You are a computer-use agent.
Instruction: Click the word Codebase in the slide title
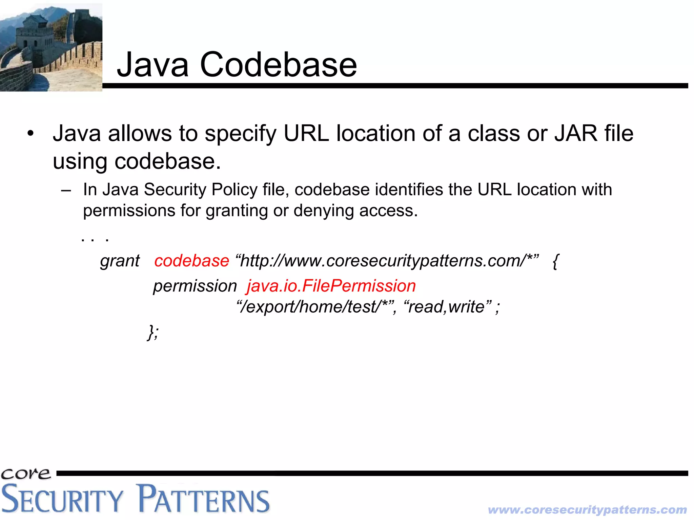coord(278,65)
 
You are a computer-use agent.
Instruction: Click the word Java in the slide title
coord(152,65)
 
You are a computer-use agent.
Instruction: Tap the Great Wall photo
coord(51,47)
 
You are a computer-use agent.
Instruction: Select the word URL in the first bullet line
coord(306,133)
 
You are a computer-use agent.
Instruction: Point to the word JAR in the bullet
coord(576,133)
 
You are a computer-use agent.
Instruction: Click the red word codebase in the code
coord(191,261)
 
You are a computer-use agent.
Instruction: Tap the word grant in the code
coord(120,261)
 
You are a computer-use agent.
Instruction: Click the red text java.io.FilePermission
coord(331,286)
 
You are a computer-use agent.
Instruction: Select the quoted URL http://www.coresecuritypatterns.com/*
coord(387,261)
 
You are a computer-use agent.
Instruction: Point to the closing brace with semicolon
coord(153,332)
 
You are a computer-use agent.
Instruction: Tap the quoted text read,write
coord(448,307)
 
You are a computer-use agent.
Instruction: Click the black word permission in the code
coord(195,286)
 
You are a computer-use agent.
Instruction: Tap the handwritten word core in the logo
coord(26,473)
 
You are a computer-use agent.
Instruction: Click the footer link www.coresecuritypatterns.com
coord(587,509)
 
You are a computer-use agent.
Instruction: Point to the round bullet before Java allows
coord(31,133)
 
